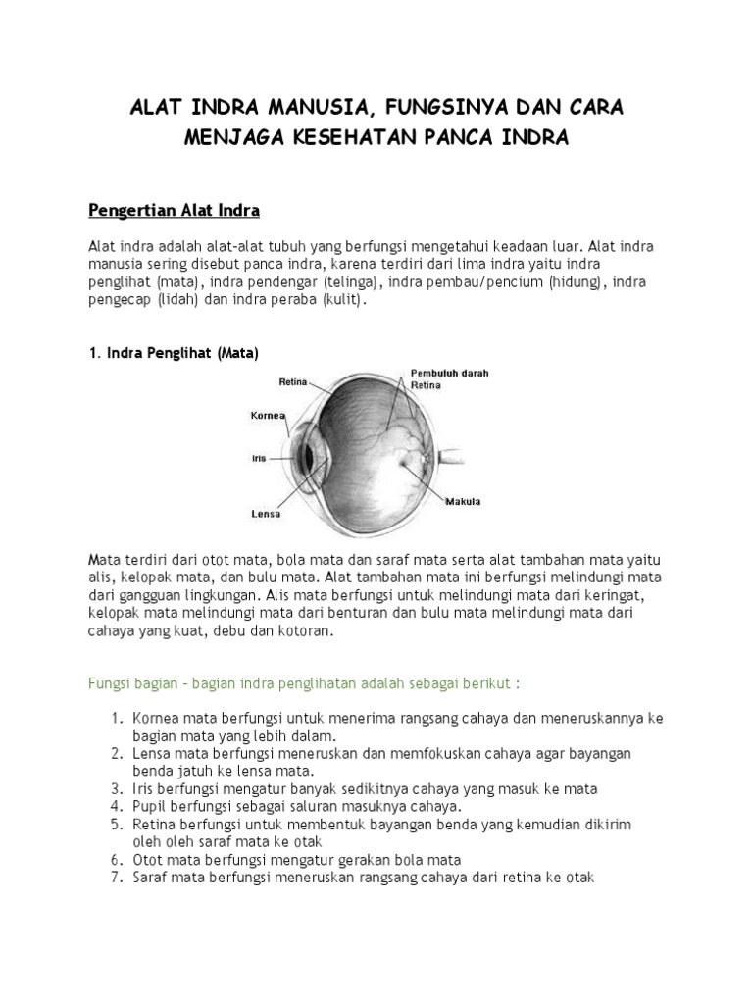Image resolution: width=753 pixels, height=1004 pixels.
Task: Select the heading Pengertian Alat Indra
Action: coord(174,211)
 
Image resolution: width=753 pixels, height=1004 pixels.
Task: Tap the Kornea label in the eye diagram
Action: coord(268,416)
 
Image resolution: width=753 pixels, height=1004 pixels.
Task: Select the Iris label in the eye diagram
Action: coord(260,456)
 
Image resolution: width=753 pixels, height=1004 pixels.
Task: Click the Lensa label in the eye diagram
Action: coord(266,513)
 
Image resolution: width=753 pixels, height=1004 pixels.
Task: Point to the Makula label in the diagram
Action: coord(464,502)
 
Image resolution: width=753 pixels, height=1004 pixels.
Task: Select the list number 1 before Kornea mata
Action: coord(115,718)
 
